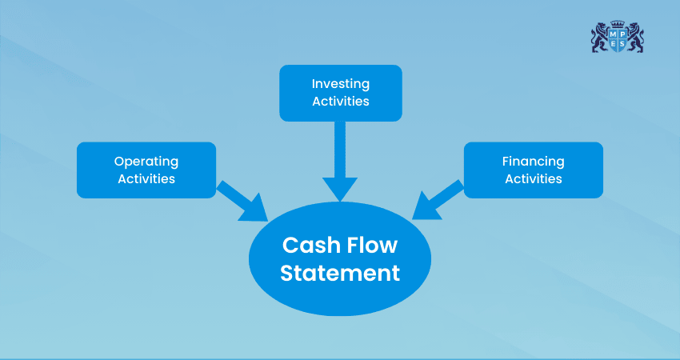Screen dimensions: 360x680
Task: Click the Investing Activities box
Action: [x=340, y=93]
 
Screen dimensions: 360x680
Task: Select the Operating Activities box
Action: [x=146, y=170]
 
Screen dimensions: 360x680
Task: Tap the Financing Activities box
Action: [x=534, y=170]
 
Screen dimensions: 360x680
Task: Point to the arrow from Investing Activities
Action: [x=340, y=160]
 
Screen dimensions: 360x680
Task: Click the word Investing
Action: [x=340, y=83]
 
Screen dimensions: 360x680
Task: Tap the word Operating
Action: [x=146, y=161]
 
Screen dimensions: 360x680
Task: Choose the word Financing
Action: [x=534, y=161]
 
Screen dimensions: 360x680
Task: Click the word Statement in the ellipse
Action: [x=340, y=273]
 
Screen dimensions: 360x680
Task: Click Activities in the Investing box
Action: [x=340, y=102]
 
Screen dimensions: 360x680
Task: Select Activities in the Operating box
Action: [x=146, y=178]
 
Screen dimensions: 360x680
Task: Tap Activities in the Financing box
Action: [x=534, y=178]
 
